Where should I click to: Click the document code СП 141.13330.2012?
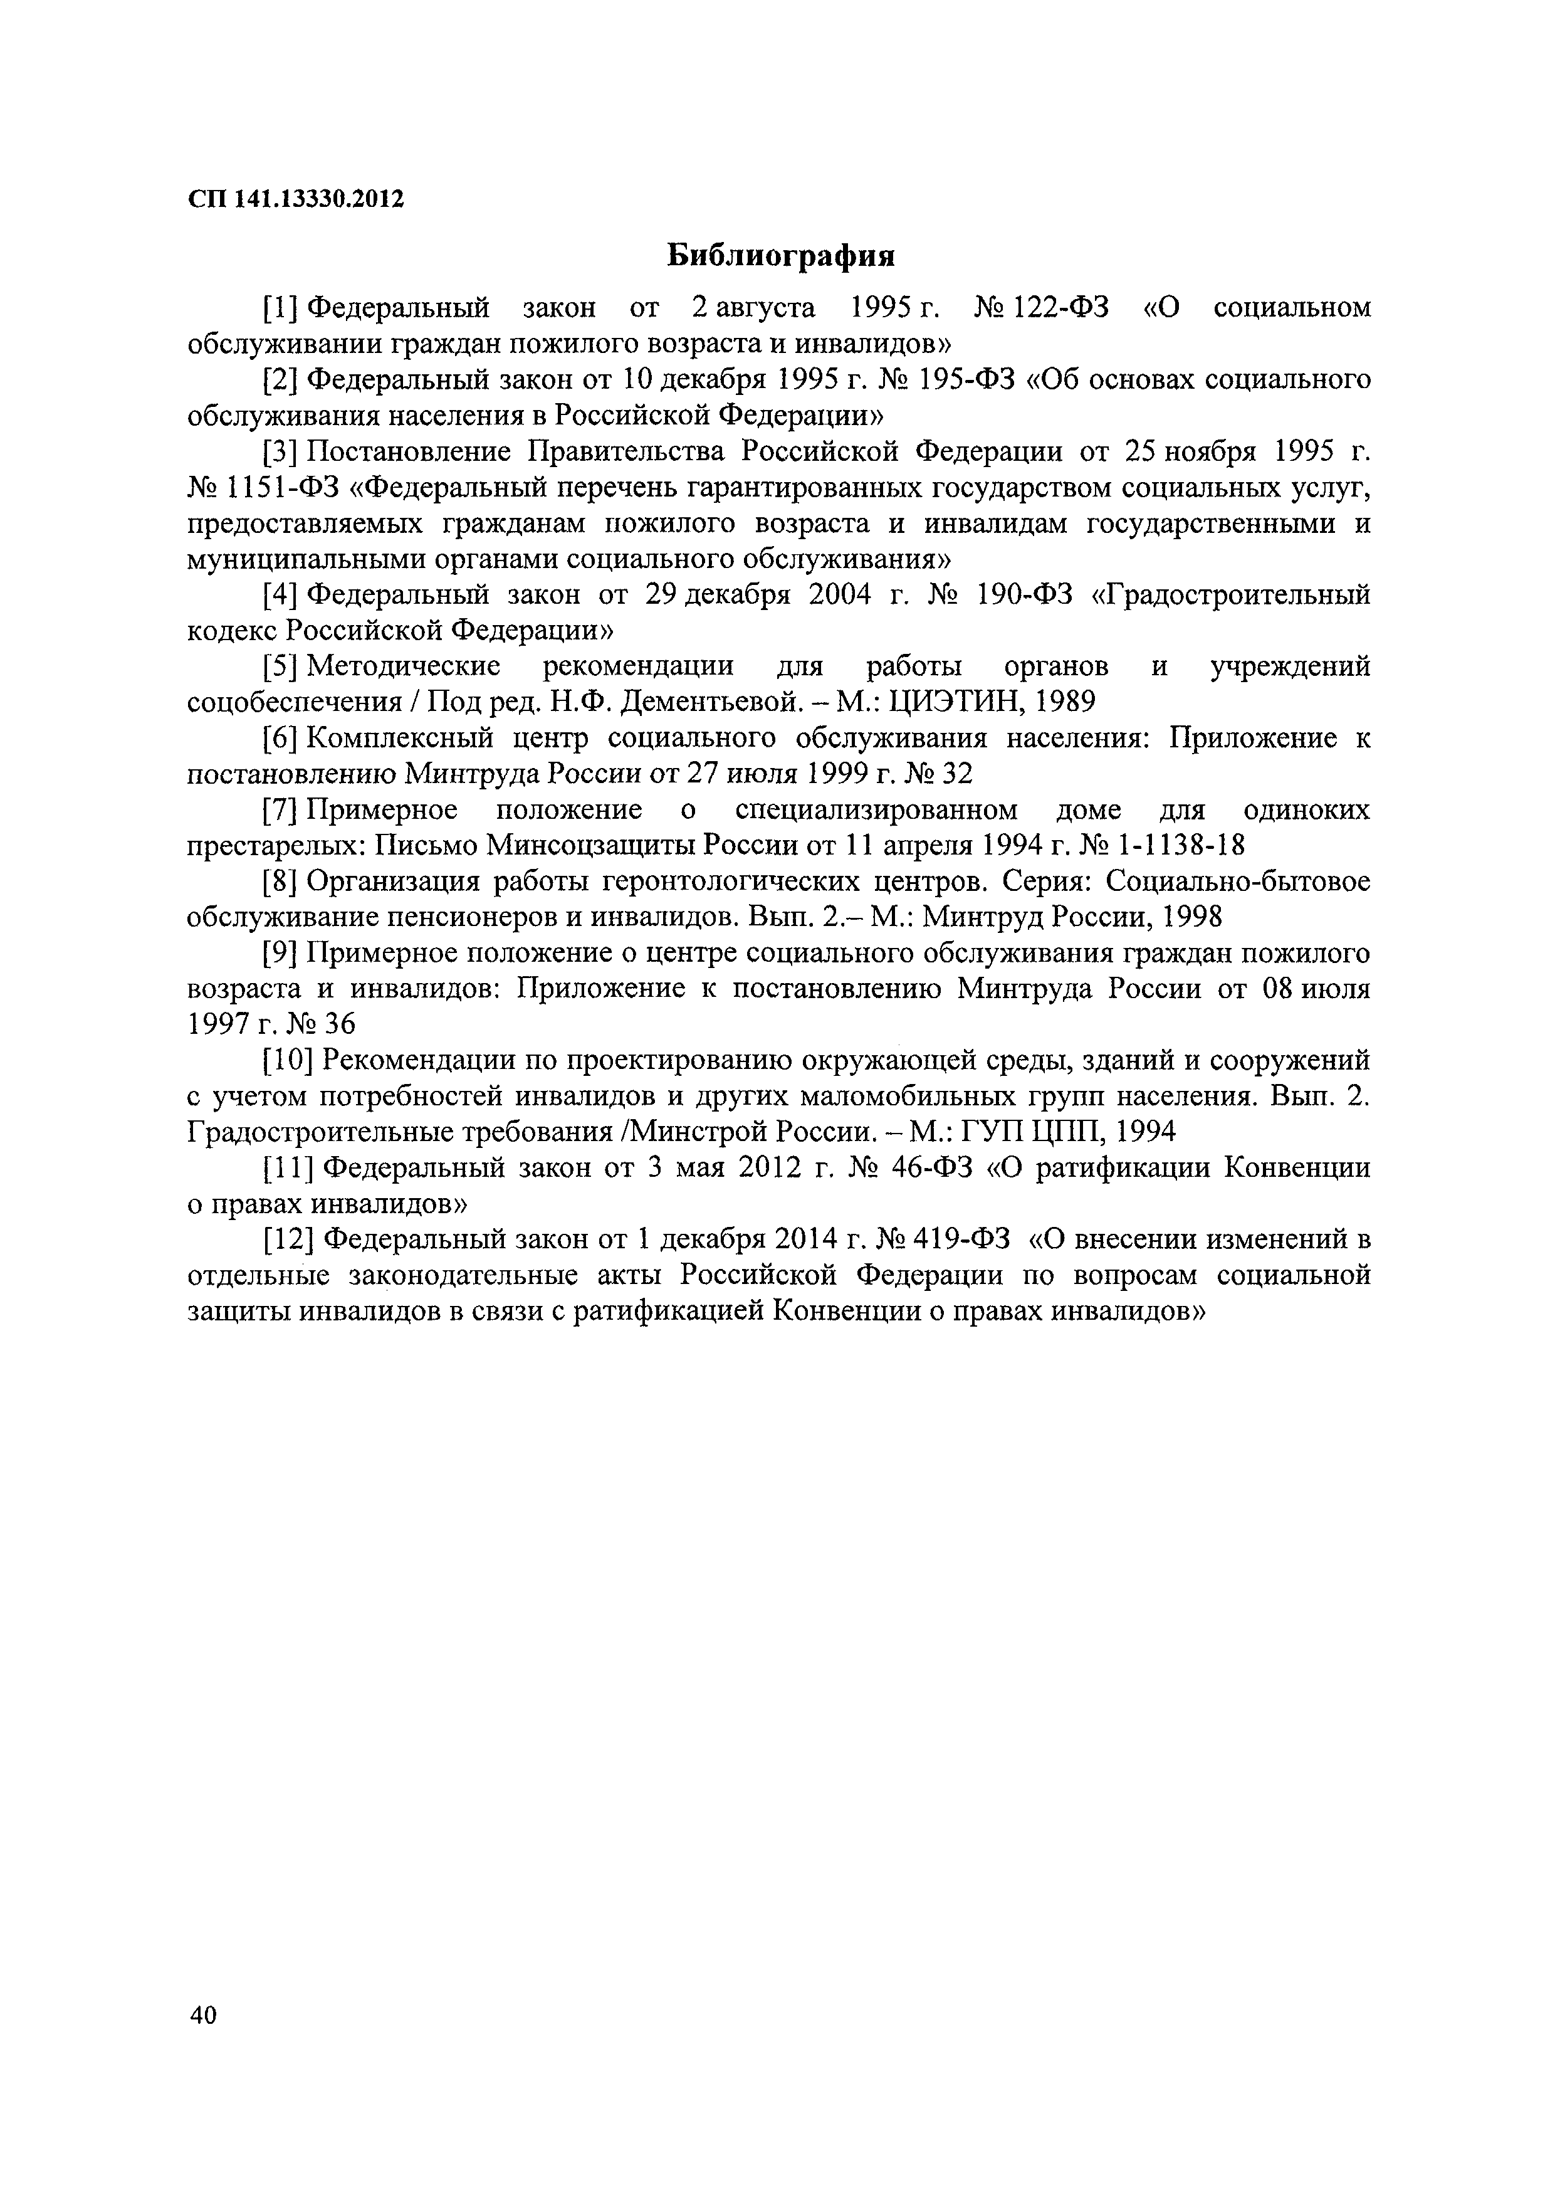295,199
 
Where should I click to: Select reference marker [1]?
283,308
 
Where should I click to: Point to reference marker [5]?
283,667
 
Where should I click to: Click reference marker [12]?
290,1240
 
